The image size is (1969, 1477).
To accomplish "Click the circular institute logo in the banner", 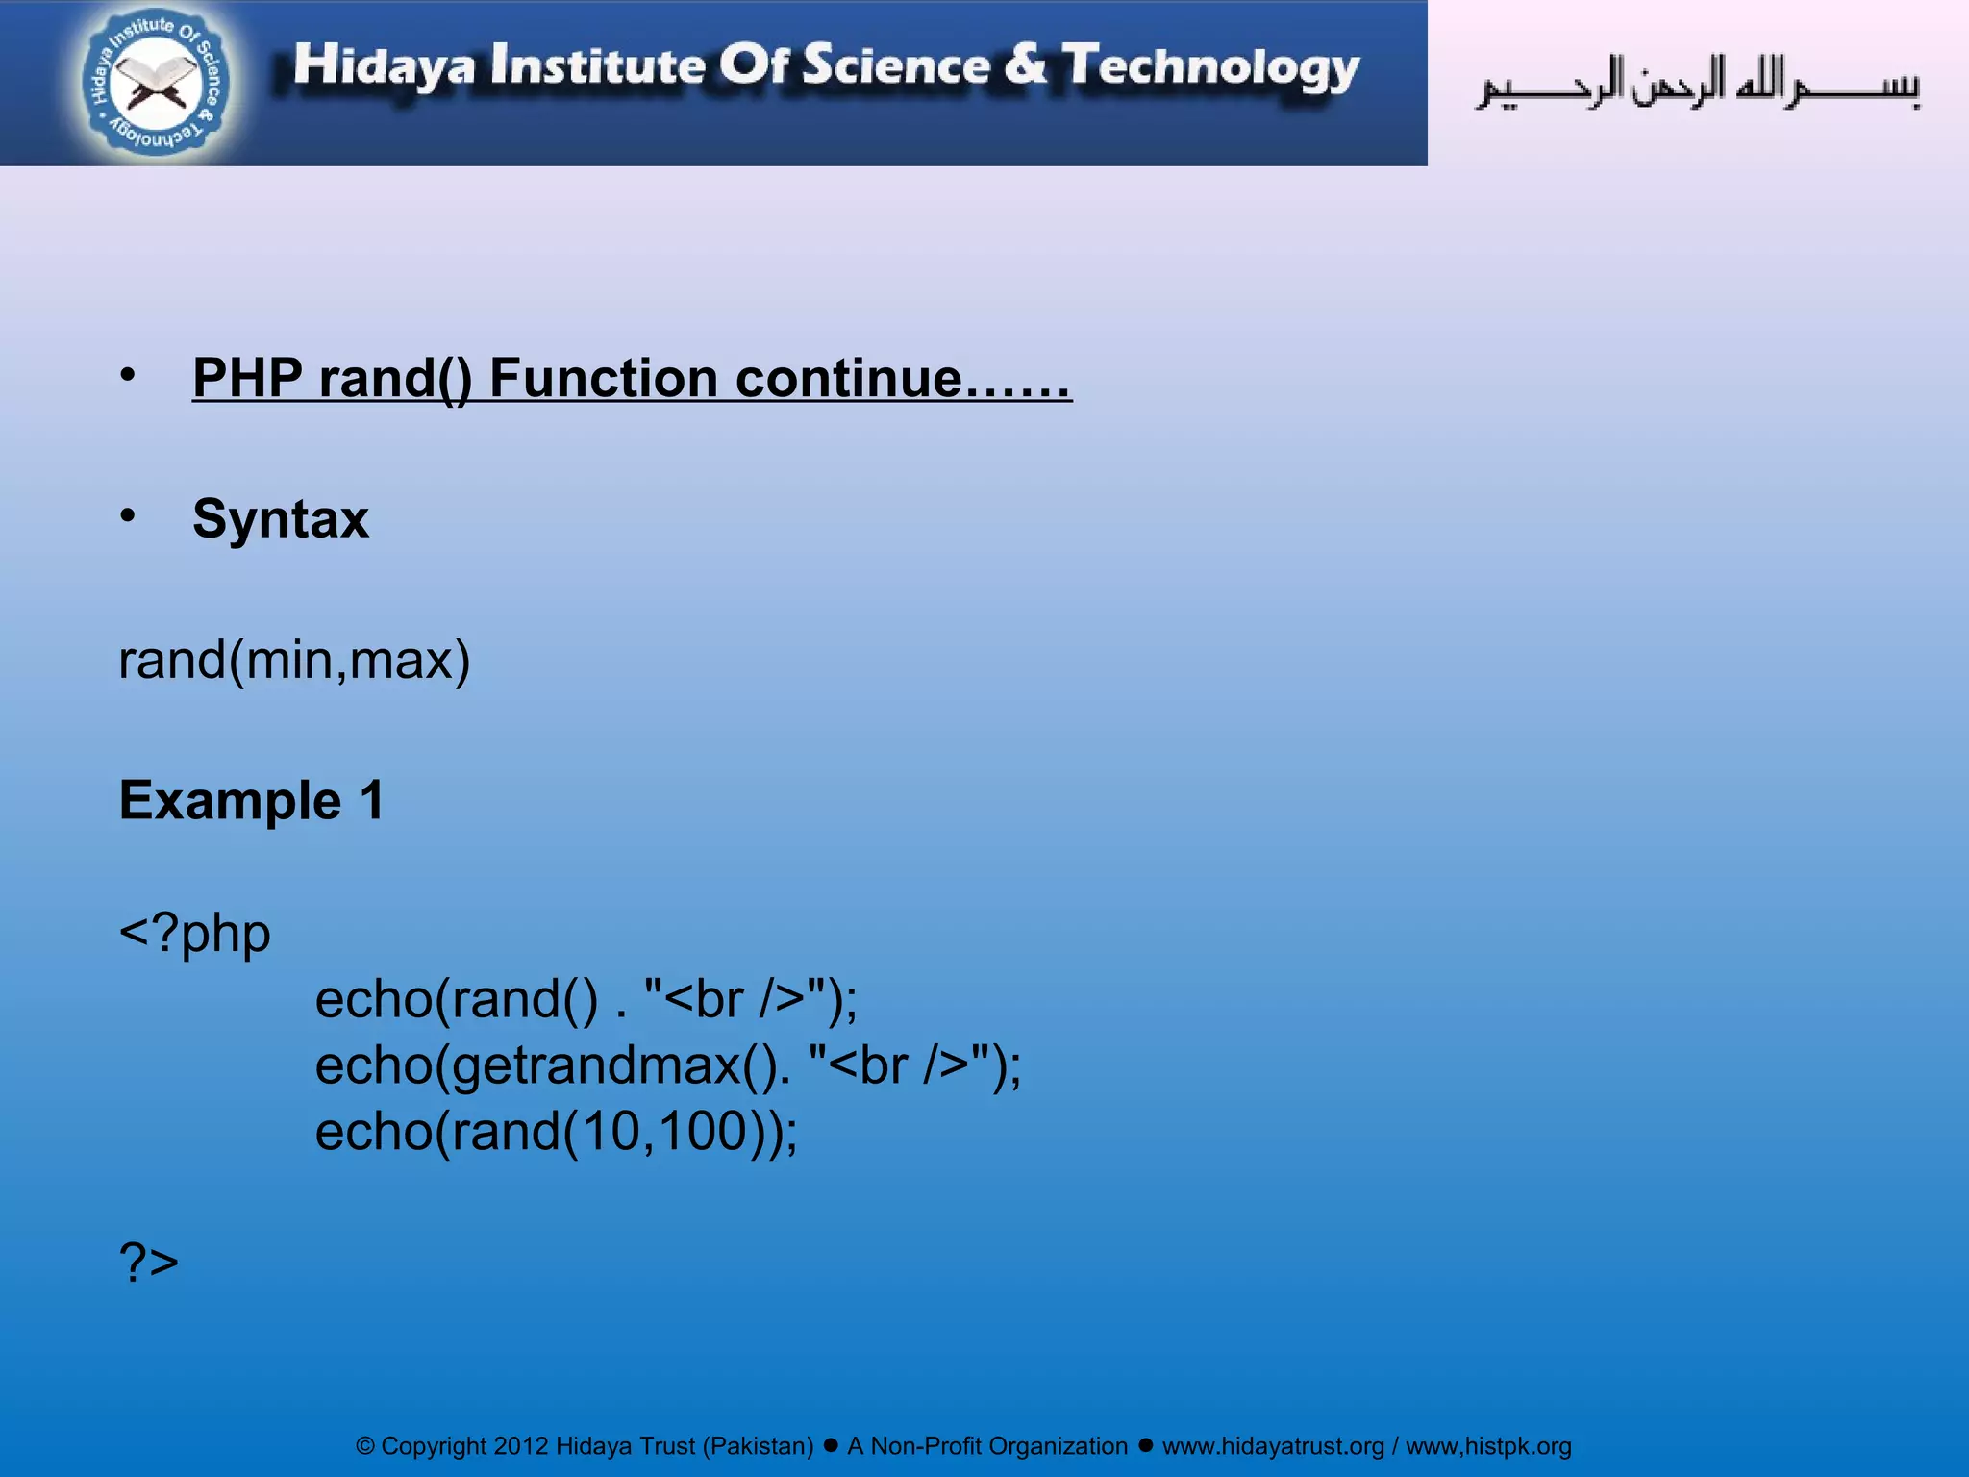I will click(x=156, y=83).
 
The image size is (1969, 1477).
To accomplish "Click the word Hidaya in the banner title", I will click(x=384, y=66).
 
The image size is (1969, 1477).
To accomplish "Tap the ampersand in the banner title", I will click(x=1026, y=64).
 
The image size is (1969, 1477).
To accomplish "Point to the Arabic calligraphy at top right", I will click(x=1698, y=85).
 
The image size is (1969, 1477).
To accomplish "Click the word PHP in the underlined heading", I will click(x=248, y=378).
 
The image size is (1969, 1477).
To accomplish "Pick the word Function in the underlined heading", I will click(x=604, y=378).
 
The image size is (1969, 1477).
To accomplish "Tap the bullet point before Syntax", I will click(x=128, y=516).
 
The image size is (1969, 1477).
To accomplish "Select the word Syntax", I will click(x=281, y=519).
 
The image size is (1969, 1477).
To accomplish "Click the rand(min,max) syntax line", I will click(x=294, y=661).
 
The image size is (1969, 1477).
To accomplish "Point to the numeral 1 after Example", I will click(x=371, y=800).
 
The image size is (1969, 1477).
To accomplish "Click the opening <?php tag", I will click(x=194, y=933).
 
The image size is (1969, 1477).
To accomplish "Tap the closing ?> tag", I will click(x=149, y=1262).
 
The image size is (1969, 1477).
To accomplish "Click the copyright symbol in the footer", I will click(x=365, y=1446).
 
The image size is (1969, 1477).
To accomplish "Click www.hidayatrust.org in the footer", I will click(x=1273, y=1446).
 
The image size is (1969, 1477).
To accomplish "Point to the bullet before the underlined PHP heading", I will click(x=128, y=375).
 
